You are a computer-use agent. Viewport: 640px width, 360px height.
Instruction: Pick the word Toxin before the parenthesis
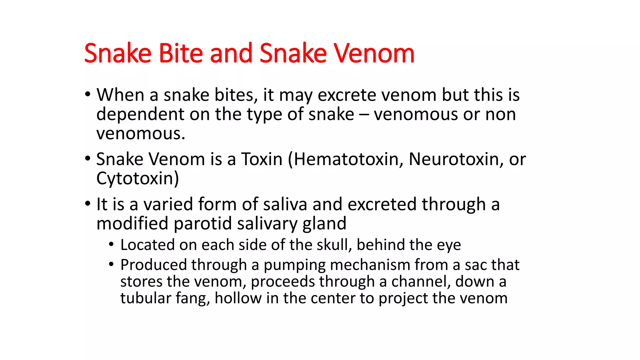tap(262, 159)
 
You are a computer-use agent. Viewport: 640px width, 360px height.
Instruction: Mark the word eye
tap(449, 245)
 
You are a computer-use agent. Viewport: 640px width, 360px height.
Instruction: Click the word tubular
tap(145, 298)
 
